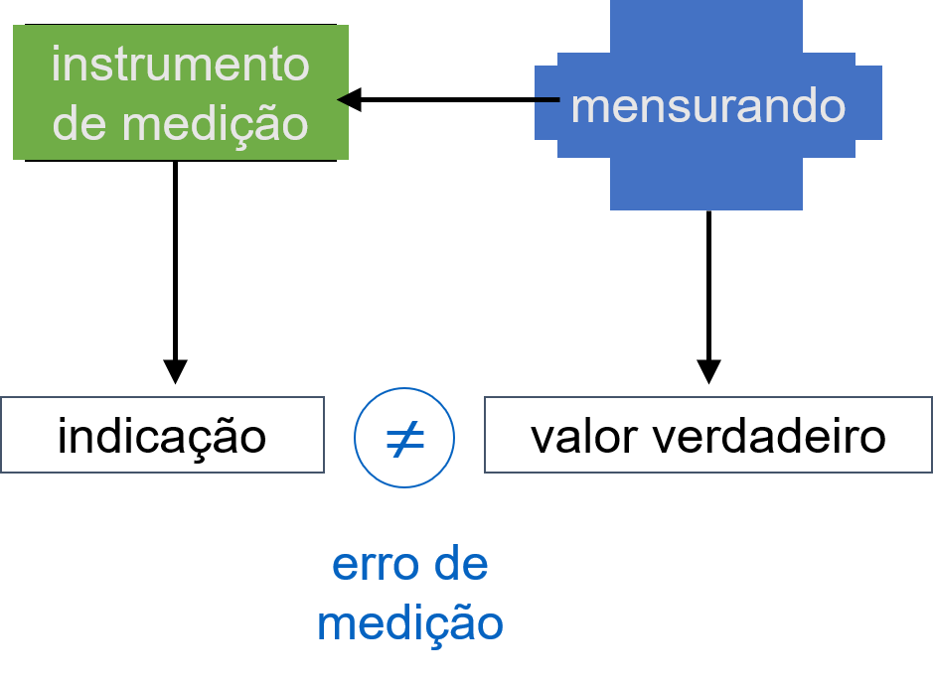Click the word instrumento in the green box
pyautogui.click(x=180, y=66)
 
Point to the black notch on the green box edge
pyautogui.click(x=343, y=99)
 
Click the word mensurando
pyautogui.click(x=707, y=106)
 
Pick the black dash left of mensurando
pyautogui.click(x=547, y=98)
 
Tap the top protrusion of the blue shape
pyautogui.click(x=705, y=25)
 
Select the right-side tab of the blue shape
pyautogui.click(x=868, y=102)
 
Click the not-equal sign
pyautogui.click(x=404, y=438)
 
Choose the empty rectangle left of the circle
pyautogui.click(x=162, y=435)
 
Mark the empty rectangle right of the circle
pyautogui.click(x=707, y=435)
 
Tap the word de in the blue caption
pyautogui.click(x=462, y=565)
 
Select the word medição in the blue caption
pyautogui.click(x=409, y=623)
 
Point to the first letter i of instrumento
pyautogui.click(x=57, y=65)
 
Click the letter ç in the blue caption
pyautogui.click(x=436, y=627)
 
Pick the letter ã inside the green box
pyautogui.click(x=267, y=125)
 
